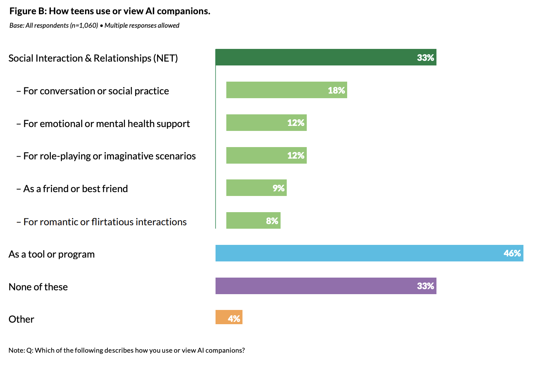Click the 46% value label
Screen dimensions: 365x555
coord(512,253)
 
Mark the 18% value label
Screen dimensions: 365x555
coord(336,90)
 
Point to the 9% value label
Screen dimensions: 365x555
coord(278,188)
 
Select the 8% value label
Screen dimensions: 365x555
coord(272,221)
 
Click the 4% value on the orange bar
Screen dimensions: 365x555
coord(234,318)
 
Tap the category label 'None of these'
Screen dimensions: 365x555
coord(38,287)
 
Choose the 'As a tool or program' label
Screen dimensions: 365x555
coord(52,254)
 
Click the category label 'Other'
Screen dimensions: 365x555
coord(22,319)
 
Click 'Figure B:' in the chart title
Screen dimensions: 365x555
coord(28,11)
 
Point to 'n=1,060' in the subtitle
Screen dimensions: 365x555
coord(84,25)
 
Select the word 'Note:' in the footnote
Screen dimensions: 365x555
coord(17,350)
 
